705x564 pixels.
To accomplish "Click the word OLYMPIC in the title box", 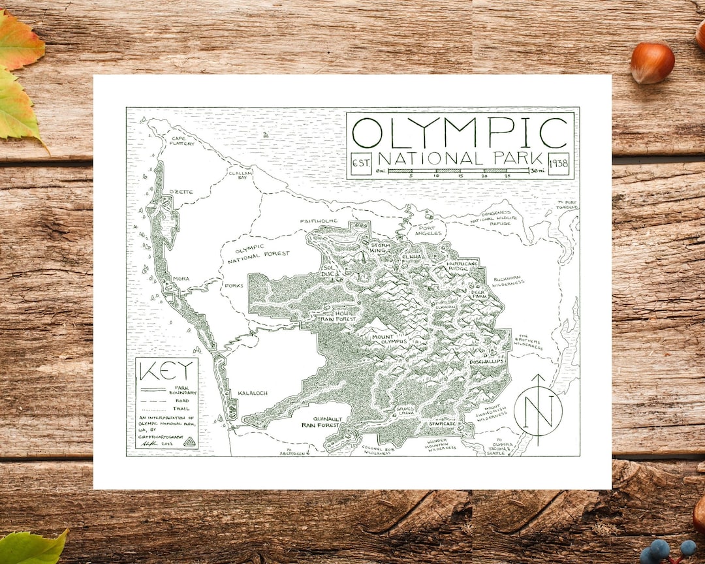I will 460,133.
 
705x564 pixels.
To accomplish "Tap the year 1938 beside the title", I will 561,163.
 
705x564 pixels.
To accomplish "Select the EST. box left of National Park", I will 361,163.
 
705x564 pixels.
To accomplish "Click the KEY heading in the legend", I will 167,371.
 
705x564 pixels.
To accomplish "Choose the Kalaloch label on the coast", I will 253,394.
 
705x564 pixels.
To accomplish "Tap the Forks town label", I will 233,285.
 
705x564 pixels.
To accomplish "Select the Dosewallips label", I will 486,361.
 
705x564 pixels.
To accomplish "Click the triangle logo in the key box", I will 189,442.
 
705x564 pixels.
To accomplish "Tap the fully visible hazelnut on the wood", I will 652,63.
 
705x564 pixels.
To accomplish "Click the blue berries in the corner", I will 666,550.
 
